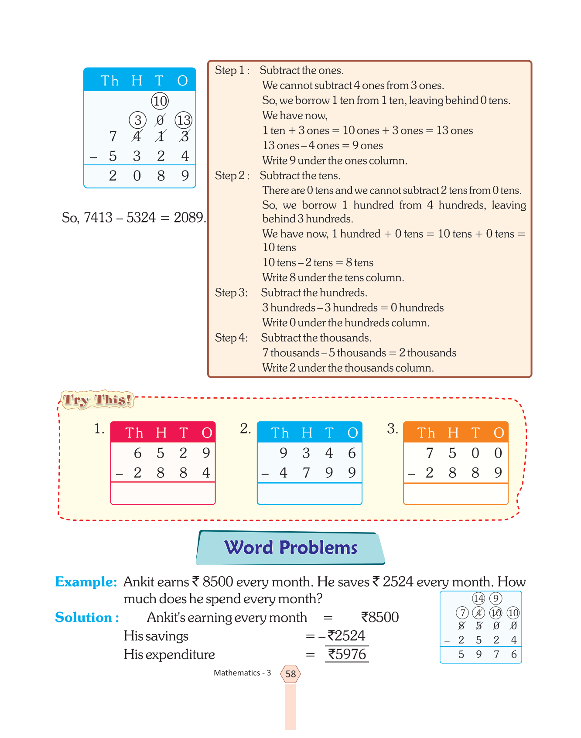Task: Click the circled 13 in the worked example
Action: (184, 120)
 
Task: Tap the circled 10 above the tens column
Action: (160, 101)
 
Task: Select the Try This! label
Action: (97, 400)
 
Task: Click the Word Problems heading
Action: (290, 547)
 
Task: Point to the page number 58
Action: (290, 674)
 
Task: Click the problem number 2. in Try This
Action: (246, 429)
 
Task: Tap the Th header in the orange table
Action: (426, 433)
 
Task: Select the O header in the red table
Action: (207, 433)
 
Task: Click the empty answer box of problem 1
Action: (163, 493)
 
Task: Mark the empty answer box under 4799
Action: (309, 493)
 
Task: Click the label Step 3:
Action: (231, 293)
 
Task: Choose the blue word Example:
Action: (86, 582)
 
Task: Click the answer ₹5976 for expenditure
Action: (347, 654)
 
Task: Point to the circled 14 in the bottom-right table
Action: (478, 598)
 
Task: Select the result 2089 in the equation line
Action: (189, 217)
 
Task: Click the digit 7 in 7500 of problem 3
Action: (429, 454)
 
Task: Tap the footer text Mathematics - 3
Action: (242, 673)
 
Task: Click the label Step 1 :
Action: (232, 71)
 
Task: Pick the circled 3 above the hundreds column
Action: (137, 120)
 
